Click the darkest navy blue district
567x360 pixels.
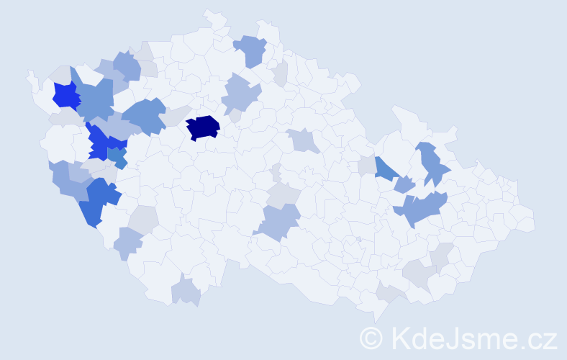202,127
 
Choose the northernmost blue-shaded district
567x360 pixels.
251,50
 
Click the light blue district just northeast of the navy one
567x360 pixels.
240,96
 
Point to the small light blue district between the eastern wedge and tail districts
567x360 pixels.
404,184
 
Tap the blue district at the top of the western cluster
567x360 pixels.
127,66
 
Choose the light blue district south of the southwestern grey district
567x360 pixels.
129,243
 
